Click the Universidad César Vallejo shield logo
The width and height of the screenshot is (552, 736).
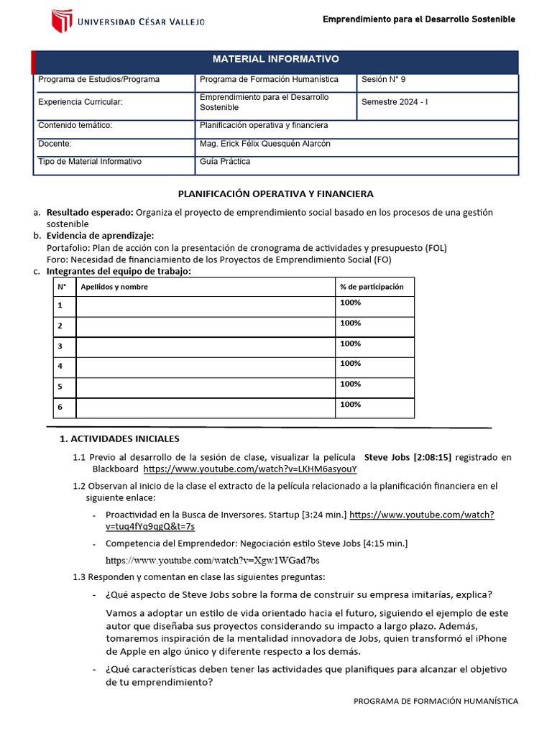point(61,22)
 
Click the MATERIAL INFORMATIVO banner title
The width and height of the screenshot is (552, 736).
point(275,59)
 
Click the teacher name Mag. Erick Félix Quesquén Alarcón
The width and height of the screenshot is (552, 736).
point(264,144)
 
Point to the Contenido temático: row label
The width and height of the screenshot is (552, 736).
point(75,125)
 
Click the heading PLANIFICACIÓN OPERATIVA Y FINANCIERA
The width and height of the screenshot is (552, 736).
point(275,194)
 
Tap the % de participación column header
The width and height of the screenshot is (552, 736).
point(372,287)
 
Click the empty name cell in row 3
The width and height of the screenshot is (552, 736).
point(205,347)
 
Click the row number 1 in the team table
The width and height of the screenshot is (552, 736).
point(61,306)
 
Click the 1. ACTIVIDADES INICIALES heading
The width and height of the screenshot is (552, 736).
point(119,438)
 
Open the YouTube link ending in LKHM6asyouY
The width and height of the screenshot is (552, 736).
point(250,469)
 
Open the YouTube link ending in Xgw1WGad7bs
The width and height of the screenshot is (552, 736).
point(213,560)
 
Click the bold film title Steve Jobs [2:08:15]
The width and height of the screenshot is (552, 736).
point(408,457)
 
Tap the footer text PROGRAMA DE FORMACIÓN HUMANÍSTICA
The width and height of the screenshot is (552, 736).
point(436,701)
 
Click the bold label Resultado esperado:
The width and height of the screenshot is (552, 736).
point(90,213)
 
